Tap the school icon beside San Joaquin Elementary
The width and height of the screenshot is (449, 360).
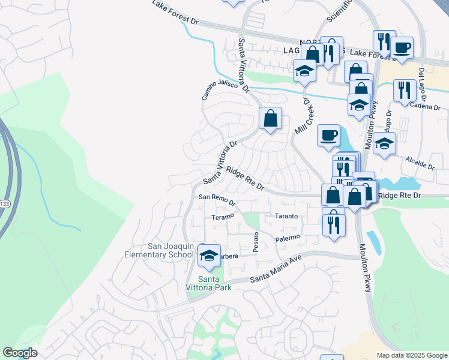click(x=209, y=256)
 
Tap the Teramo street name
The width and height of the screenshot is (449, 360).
click(x=222, y=217)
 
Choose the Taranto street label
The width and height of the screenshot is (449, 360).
click(x=286, y=216)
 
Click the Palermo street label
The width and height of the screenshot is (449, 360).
click(x=288, y=239)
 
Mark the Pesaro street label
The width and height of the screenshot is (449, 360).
click(x=256, y=242)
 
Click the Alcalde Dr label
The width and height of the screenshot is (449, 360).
click(x=419, y=162)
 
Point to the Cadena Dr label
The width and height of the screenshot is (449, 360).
click(x=425, y=106)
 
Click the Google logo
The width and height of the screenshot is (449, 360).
click(x=20, y=353)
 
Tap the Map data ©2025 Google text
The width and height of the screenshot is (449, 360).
click(x=411, y=355)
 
